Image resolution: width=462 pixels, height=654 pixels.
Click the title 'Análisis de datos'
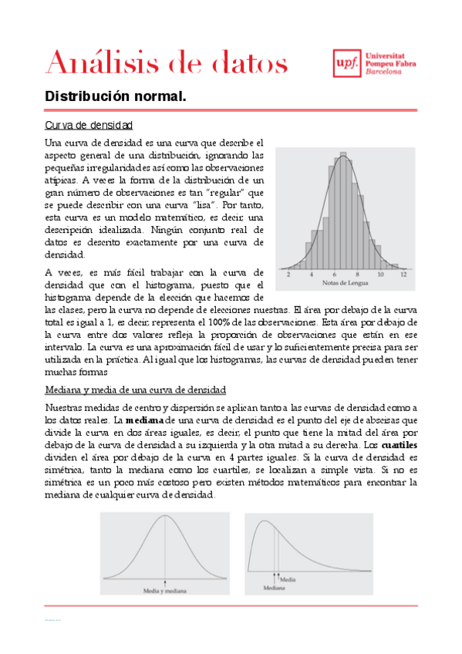pos(167,61)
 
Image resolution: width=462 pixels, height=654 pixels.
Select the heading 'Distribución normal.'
pos(116,97)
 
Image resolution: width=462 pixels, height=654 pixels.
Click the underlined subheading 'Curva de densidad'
pos(89,124)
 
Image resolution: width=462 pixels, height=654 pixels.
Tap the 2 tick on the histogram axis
pos(288,275)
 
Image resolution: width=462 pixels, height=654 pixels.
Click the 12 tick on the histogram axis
pos(403,275)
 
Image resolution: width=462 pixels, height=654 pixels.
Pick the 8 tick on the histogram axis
pos(357,275)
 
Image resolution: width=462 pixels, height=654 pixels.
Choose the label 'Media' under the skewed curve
pos(287,578)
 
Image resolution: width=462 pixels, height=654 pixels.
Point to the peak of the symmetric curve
pos(165,515)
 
